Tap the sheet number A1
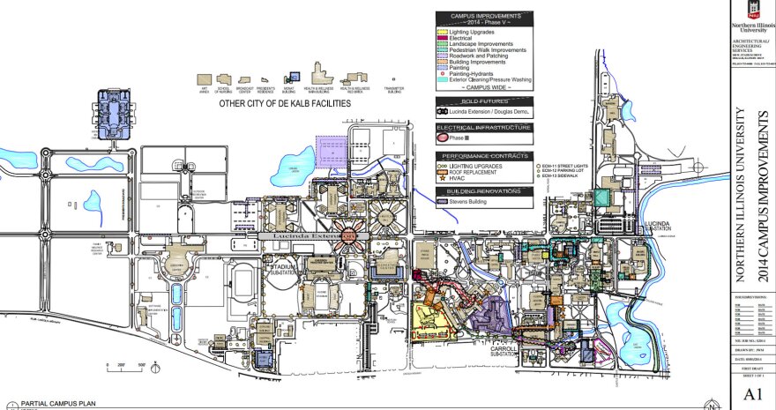pyautogui.click(x=752, y=394)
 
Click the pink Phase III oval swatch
pyautogui.click(x=443, y=138)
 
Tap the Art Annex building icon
pyautogui.click(x=205, y=79)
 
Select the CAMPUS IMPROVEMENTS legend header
pyautogui.click(x=484, y=16)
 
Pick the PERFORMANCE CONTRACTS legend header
pyautogui.click(x=484, y=155)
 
